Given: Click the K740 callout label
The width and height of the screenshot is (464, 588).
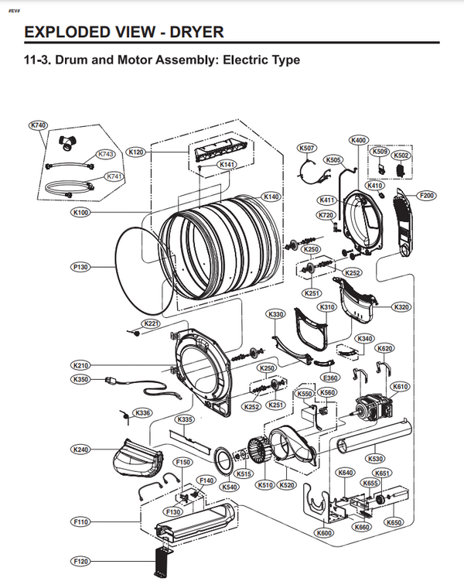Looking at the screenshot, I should coord(38,125).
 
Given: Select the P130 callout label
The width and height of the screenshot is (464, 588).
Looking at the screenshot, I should coord(80,267).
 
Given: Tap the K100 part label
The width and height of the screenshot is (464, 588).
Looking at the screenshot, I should coord(80,212).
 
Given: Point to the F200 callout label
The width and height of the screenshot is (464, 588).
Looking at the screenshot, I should coord(426,195).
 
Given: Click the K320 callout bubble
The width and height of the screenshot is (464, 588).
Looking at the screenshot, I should coord(401,307).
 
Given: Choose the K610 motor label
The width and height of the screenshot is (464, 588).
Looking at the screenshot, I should coord(401,387).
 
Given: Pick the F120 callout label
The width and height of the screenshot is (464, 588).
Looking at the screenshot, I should coord(80,560).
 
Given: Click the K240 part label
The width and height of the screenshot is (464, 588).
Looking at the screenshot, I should coord(80,450).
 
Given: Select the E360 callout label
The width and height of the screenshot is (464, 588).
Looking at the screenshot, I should coord(330,378).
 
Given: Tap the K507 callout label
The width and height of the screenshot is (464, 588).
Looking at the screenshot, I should coord(307,148).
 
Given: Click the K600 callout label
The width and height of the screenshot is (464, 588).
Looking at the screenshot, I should coord(324,534).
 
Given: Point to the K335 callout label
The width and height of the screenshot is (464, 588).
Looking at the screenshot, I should coord(185,419).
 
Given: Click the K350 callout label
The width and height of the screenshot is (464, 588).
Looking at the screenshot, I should coord(80,379).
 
